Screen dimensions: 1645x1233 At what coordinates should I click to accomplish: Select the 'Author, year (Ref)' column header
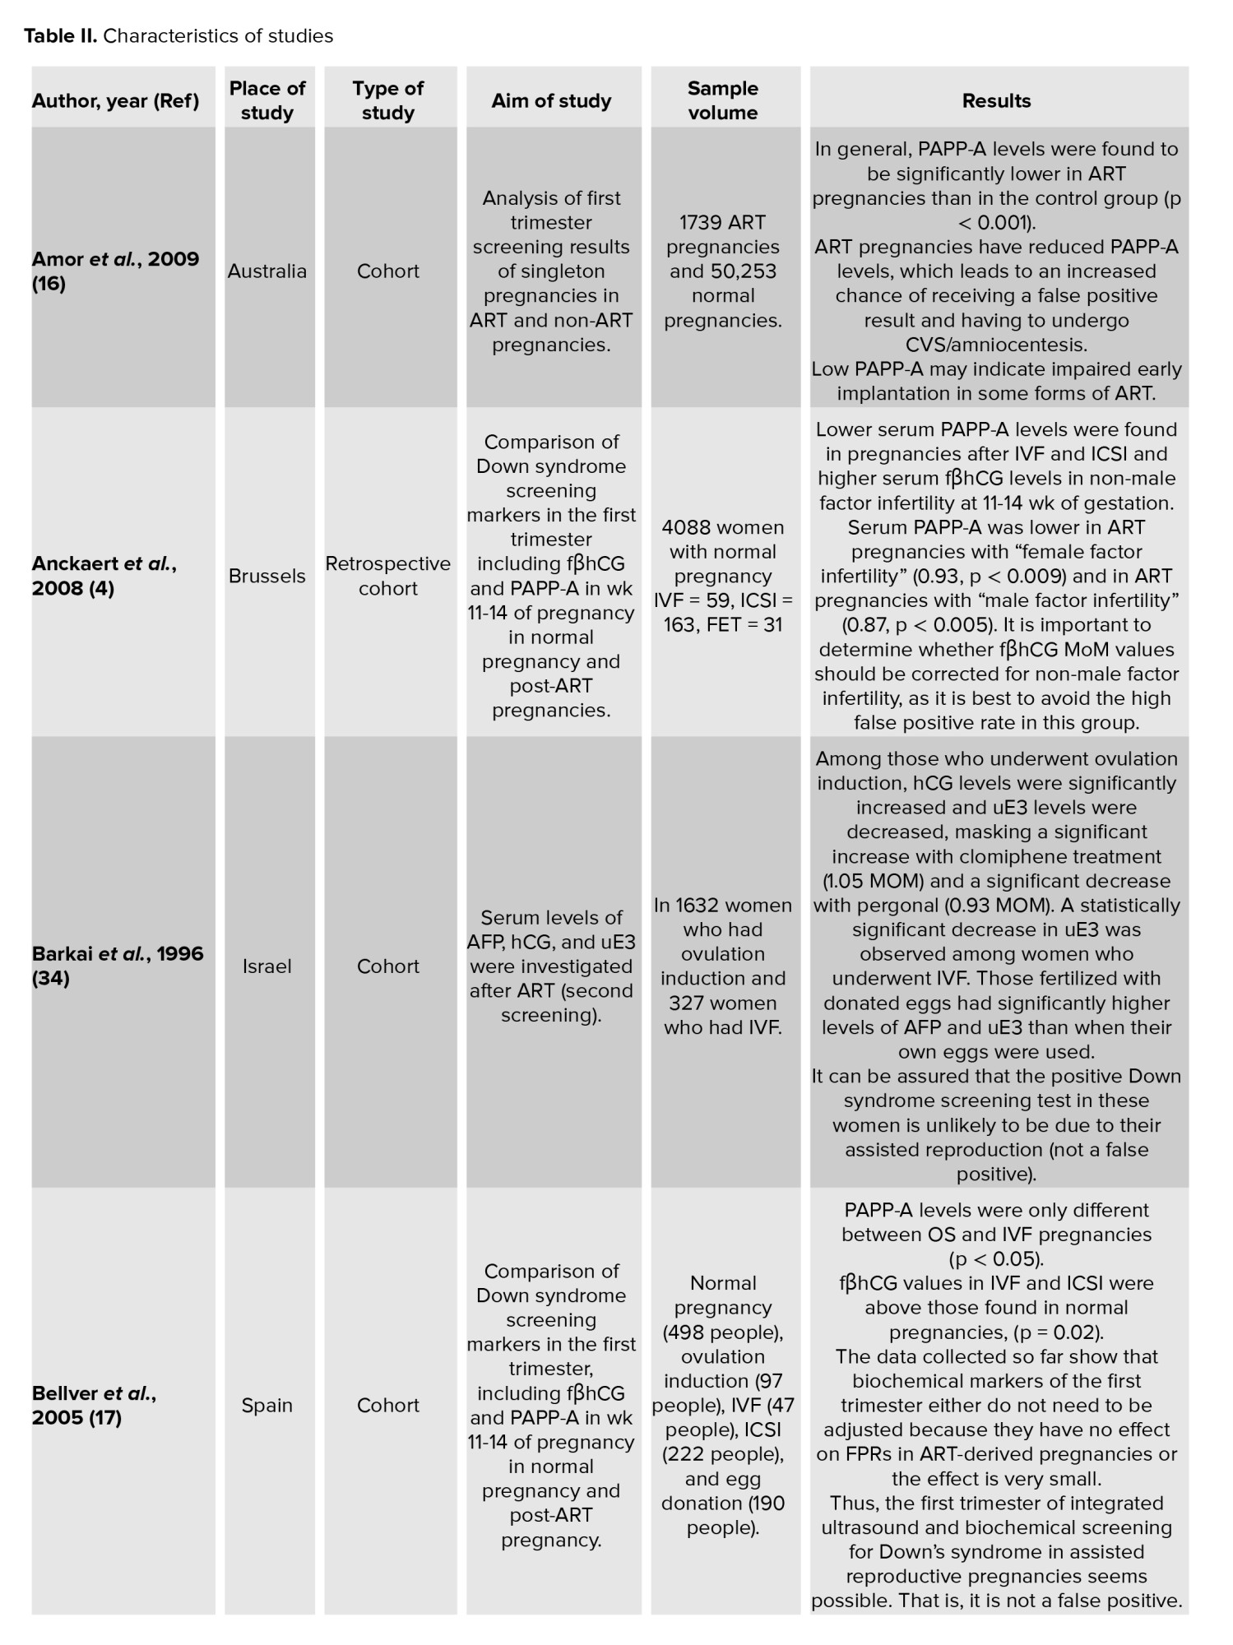115,101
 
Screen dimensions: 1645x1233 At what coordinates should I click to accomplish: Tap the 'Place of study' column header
267,100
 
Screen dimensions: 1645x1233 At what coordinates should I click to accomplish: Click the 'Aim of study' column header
551,101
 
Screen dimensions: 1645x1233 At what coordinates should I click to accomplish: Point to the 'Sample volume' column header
723,100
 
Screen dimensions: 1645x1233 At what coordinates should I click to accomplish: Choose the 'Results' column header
996,101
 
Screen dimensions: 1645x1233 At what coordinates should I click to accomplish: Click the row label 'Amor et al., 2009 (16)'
115,271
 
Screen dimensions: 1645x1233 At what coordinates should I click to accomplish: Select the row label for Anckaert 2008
104,576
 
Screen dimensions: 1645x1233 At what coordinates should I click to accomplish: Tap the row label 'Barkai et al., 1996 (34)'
117,966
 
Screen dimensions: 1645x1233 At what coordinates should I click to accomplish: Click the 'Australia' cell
267,271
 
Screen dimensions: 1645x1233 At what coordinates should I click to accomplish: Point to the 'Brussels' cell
267,576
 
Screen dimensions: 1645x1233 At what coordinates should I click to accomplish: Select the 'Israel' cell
267,966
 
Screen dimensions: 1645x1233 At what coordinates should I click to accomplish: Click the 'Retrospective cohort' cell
387,576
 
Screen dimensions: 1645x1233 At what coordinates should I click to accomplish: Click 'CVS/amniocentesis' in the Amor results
996,345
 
